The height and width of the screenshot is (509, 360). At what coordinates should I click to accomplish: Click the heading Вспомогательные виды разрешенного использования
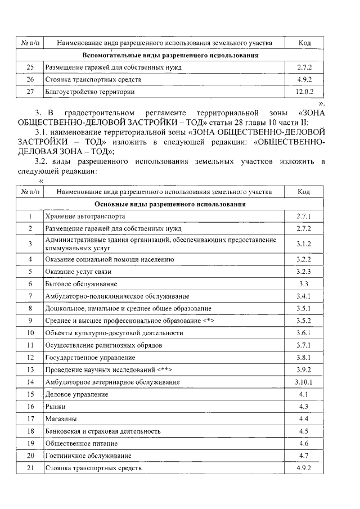(x=170, y=56)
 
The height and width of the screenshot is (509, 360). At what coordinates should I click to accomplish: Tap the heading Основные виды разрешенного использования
(x=170, y=204)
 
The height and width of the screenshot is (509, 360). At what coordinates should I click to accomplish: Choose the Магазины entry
(x=61, y=418)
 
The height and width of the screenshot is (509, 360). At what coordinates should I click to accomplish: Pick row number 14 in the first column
(x=30, y=382)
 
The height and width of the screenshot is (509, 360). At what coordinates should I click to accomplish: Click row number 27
(x=30, y=91)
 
